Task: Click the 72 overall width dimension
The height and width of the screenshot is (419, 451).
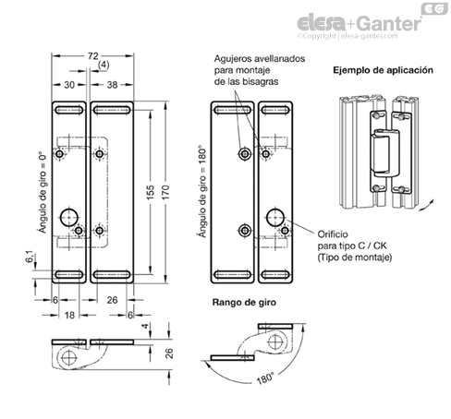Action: tap(92, 56)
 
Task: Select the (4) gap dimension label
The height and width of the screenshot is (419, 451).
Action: tap(104, 66)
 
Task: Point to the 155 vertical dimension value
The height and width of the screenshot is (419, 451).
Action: tap(150, 192)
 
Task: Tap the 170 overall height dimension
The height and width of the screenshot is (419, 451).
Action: tap(165, 192)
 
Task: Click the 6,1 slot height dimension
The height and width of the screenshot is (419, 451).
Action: tap(30, 257)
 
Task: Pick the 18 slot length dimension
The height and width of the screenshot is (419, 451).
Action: tap(69, 315)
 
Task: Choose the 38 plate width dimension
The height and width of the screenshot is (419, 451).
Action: tap(112, 85)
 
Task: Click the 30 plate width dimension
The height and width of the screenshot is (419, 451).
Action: tap(69, 85)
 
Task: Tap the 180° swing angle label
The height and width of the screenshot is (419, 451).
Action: tap(265, 378)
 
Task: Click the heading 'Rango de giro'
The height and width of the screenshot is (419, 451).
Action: tap(244, 303)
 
